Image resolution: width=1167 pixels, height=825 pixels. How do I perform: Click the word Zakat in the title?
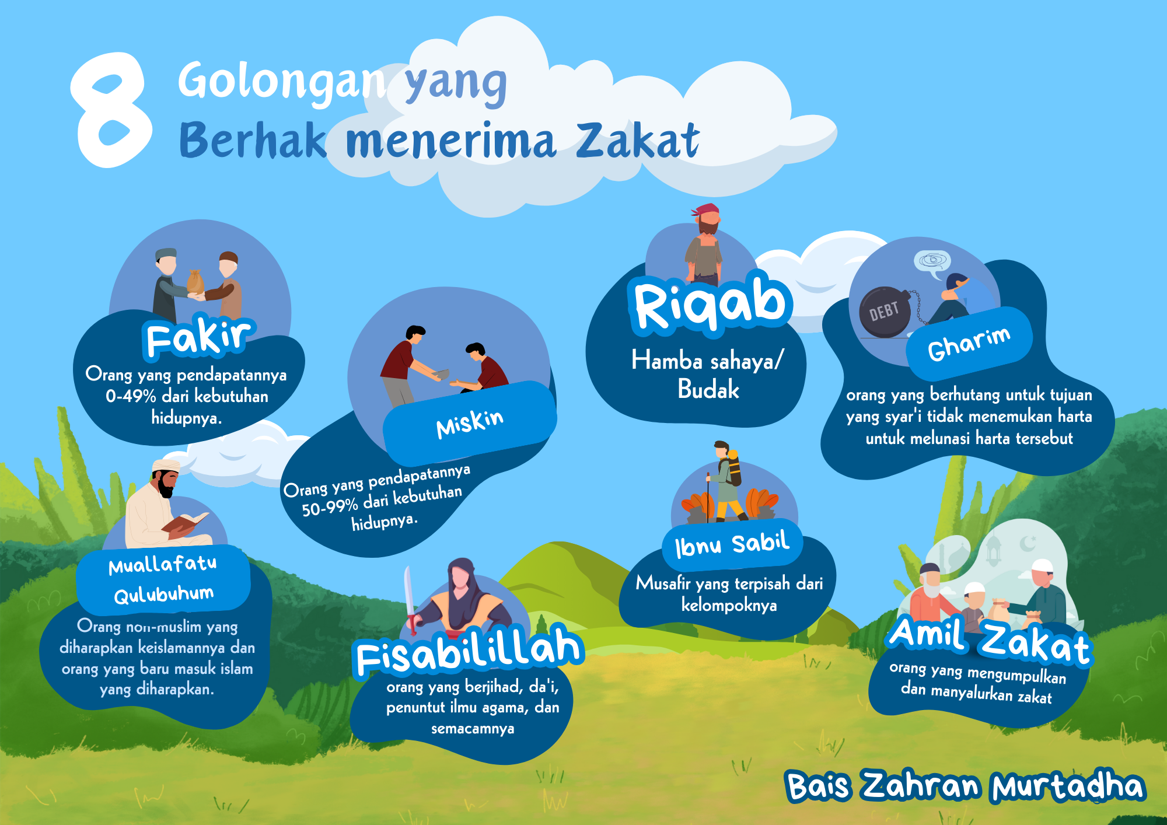click(638, 141)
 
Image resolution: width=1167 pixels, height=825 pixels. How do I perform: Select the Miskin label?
click(470, 424)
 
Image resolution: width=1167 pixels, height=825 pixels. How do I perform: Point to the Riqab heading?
click(711, 303)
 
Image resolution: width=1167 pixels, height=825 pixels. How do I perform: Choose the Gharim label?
click(969, 344)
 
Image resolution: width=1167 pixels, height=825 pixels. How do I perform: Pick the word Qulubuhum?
click(164, 595)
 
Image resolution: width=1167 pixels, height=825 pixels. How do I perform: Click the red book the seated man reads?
click(185, 522)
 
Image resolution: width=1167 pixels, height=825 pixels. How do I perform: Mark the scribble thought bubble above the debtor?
click(932, 261)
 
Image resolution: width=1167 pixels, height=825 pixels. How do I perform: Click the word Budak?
click(708, 389)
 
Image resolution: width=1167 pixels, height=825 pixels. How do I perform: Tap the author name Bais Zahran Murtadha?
click(966, 785)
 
